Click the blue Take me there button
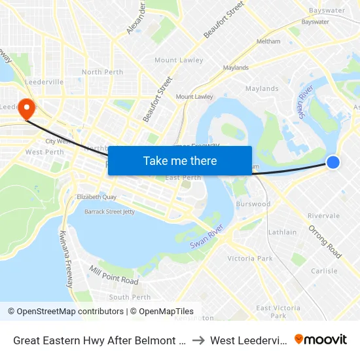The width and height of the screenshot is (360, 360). click(180, 160)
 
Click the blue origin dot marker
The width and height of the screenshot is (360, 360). click(333, 162)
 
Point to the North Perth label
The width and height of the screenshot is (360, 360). click(101, 72)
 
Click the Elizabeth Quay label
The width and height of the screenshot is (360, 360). click(96, 197)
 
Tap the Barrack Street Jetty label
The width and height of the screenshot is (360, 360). click(109, 211)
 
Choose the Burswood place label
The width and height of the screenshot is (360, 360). click(253, 204)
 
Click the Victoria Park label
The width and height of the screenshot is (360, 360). click(249, 259)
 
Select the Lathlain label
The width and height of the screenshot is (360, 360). click(282, 232)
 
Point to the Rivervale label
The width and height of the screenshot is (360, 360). click(323, 215)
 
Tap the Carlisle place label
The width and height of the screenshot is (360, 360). click(324, 271)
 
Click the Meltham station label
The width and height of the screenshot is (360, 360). click(268, 41)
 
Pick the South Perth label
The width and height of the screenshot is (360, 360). click(130, 297)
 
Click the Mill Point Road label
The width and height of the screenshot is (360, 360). click(115, 276)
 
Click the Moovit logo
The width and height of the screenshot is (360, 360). click(321, 340)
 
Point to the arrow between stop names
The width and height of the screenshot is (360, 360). click(198, 340)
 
